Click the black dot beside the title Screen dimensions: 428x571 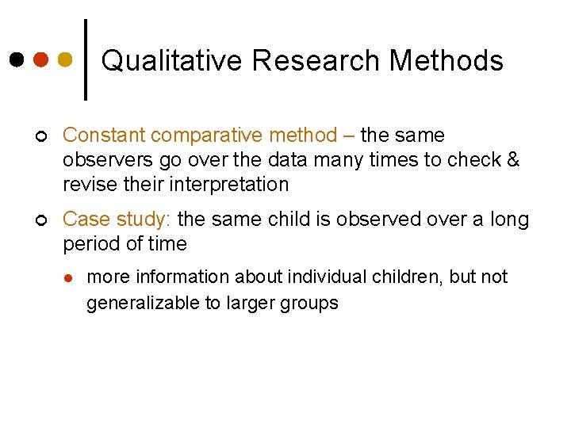pyautogui.click(x=17, y=59)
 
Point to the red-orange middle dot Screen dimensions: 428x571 pyautogui.click(x=41, y=59)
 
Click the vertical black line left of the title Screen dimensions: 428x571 pyautogui.click(x=86, y=59)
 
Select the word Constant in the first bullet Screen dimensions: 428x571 pyautogui.click(x=104, y=136)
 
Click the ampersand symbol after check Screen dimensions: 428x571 pyautogui.click(x=512, y=160)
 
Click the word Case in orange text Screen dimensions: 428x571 pyautogui.click(x=85, y=219)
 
